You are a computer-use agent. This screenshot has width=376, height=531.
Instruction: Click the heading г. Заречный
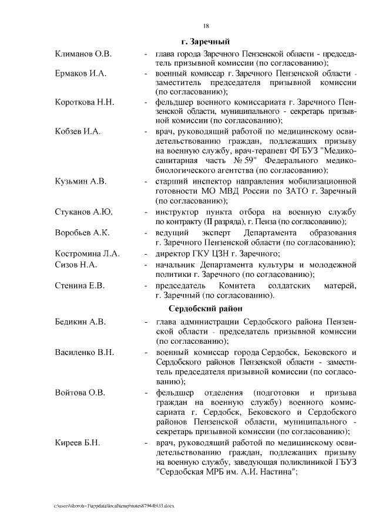click(x=205, y=42)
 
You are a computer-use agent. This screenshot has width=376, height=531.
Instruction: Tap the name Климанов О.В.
click(x=83, y=54)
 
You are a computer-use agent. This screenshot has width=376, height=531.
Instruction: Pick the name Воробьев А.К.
click(x=82, y=232)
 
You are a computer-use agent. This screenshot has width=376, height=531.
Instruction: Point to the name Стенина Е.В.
click(x=79, y=285)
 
